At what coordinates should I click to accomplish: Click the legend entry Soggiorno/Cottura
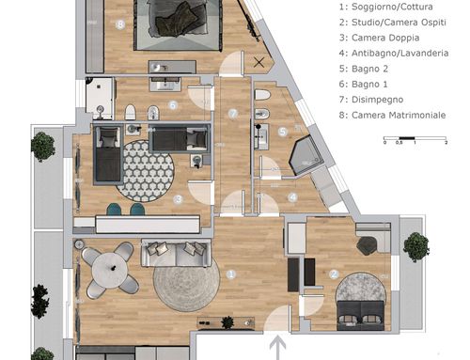(x=392, y=7)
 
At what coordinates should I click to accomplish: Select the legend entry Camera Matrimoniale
(x=399, y=115)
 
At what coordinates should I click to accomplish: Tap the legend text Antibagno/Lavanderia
(x=399, y=53)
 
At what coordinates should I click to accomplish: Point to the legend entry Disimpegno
(x=377, y=100)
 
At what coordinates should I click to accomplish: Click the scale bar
(x=415, y=138)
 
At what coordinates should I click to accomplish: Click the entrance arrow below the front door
(x=277, y=347)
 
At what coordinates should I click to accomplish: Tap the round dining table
(x=109, y=270)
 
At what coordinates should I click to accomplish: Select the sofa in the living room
(x=176, y=253)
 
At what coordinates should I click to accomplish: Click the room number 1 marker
(x=231, y=274)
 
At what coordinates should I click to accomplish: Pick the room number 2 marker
(x=335, y=274)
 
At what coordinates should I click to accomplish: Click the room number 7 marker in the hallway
(x=233, y=114)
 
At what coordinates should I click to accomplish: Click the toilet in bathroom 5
(x=262, y=95)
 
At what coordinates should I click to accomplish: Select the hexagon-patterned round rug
(x=145, y=171)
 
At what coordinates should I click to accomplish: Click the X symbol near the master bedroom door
(x=258, y=62)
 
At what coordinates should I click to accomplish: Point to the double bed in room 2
(x=360, y=316)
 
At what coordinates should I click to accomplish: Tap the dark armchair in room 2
(x=368, y=244)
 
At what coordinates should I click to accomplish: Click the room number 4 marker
(x=292, y=197)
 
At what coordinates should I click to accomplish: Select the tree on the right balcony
(x=416, y=247)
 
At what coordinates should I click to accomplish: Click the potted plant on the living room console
(x=227, y=322)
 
